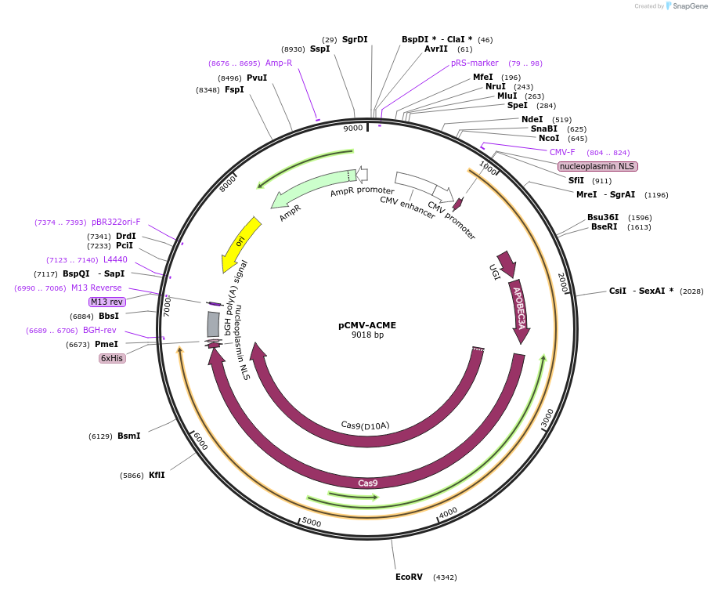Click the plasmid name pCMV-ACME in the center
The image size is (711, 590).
click(367, 324)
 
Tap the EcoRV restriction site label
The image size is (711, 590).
click(409, 577)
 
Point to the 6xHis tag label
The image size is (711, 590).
click(111, 358)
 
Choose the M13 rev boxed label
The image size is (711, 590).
click(106, 302)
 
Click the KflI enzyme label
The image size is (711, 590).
click(157, 475)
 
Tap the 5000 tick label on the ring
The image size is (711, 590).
click(312, 522)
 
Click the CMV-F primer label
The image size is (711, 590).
click(562, 152)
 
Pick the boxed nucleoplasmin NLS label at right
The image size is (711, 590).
click(597, 166)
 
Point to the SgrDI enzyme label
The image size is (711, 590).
click(355, 39)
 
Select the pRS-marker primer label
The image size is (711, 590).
click(475, 63)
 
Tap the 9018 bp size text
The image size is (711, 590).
click(367, 335)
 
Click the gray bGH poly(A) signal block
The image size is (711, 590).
click(213, 324)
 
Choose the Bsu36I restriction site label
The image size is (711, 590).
click(603, 217)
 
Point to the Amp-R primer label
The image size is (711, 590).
click(279, 63)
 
